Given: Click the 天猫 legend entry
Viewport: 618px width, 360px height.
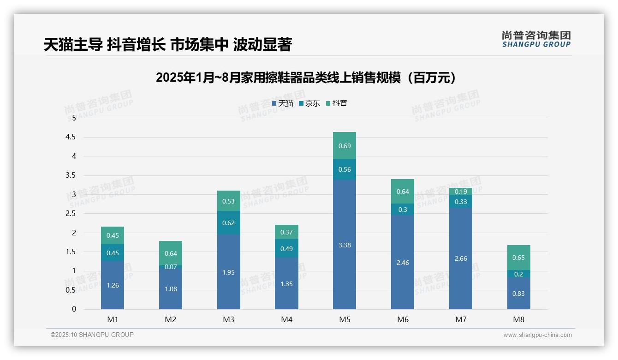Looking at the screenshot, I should click(x=283, y=103).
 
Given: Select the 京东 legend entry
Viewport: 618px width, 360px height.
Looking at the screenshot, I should click(x=309, y=103).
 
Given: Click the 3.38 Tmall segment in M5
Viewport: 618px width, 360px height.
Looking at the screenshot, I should click(x=345, y=245).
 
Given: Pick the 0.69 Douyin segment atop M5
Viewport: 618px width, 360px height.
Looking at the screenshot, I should click(x=345, y=145).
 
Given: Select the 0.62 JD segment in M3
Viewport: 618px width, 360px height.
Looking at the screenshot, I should click(x=229, y=222).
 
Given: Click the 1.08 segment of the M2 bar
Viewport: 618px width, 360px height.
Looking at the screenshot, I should click(x=171, y=289).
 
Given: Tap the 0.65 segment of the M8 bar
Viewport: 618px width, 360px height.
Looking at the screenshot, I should click(x=518, y=258).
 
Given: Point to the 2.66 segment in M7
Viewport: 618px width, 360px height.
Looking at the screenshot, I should click(x=461, y=258).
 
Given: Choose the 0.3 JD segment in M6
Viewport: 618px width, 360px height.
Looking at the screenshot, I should click(x=403, y=209).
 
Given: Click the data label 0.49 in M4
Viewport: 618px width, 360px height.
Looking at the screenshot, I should click(x=286, y=249).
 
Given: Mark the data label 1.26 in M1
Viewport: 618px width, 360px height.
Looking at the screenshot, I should click(x=113, y=285).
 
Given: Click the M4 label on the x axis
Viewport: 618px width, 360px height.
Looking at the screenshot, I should click(x=286, y=319).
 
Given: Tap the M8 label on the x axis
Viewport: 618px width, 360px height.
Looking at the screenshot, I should click(x=518, y=319).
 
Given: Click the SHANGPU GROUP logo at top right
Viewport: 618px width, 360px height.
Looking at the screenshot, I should click(x=536, y=39).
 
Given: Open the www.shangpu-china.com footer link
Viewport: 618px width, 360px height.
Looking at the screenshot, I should click(x=537, y=335).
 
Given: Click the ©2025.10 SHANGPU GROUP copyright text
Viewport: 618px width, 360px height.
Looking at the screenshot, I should click(x=92, y=335).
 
